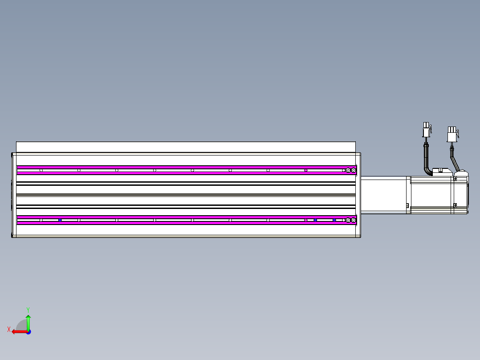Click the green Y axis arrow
[28, 322]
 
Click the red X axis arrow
[18, 331]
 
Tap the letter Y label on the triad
[28, 309]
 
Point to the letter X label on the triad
[8, 330]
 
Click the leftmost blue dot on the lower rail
[60, 220]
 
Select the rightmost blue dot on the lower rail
[334, 220]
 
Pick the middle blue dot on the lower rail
[315, 220]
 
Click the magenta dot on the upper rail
[306, 170]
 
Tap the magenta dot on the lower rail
[306, 220]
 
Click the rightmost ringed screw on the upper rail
[354, 170]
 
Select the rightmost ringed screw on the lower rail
[354, 220]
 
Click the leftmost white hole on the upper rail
[41, 170]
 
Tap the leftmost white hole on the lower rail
[41, 220]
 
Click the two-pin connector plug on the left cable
[426, 129]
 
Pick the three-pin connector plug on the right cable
[452, 134]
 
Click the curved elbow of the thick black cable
[427, 168]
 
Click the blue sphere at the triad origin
[28, 332]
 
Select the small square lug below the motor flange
[407, 205]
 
